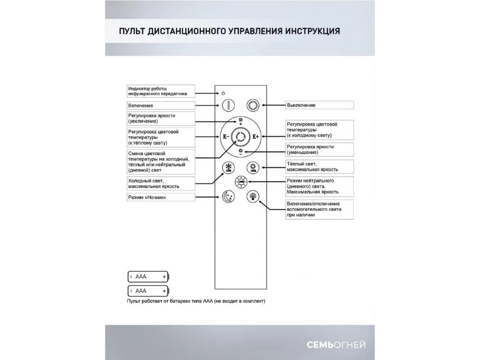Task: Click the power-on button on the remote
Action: (228, 105)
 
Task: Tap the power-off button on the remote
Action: (253, 105)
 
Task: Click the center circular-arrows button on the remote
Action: (240, 137)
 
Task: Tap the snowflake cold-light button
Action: (228, 167)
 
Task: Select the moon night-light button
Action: (228, 197)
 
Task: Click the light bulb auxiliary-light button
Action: (253, 197)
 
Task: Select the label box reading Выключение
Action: (319, 105)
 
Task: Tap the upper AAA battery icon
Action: (148, 276)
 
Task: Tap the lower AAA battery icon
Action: (148, 290)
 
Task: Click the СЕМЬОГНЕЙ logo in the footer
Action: (336, 345)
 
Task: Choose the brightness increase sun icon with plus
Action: (240, 122)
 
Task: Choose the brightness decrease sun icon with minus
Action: (240, 152)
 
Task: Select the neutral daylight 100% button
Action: (241, 182)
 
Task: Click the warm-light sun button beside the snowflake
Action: (253, 167)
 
